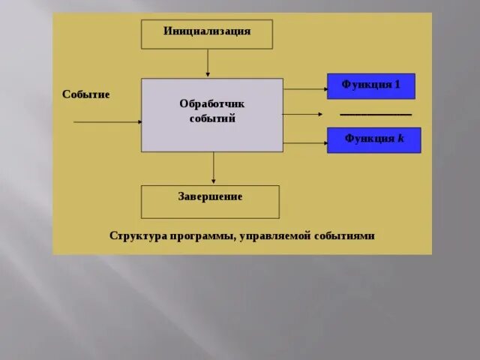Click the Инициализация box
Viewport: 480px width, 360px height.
click(206, 34)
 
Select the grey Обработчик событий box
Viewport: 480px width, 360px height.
click(212, 115)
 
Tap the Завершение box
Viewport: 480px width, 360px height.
click(210, 202)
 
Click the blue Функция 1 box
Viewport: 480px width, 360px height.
click(370, 85)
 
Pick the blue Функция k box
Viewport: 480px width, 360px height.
click(373, 139)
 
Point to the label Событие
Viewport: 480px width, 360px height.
click(85, 94)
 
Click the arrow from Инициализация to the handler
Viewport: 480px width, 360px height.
click(208, 63)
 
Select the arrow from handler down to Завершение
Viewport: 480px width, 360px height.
click(214, 168)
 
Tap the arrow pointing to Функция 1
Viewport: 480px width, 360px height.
click(304, 88)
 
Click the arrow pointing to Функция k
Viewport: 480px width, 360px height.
click(304, 141)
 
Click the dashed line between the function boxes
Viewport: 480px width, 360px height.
click(376, 114)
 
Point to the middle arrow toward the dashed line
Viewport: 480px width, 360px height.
click(302, 114)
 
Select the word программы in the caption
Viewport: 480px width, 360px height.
click(198, 235)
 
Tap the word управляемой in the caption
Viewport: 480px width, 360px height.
click(274, 235)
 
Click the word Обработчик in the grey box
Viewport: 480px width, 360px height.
click(211, 103)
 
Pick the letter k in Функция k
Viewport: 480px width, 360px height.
click(400, 139)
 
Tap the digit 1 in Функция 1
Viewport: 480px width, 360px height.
click(397, 85)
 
